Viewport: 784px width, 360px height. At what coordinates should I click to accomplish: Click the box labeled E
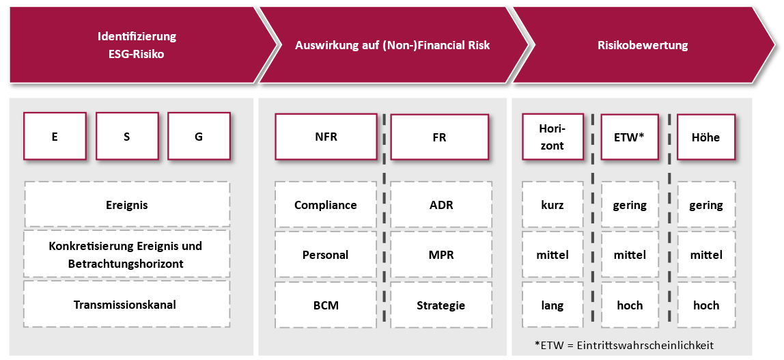(x=55, y=136)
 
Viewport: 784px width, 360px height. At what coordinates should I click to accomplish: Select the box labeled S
(x=127, y=136)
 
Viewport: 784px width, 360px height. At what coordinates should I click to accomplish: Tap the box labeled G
(x=199, y=136)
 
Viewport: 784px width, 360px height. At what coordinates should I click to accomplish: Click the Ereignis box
(x=127, y=205)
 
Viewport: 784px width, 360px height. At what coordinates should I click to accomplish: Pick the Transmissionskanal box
(x=127, y=305)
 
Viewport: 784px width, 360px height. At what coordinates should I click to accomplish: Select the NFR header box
(x=326, y=137)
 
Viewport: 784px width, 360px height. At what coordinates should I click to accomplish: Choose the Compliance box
(x=326, y=205)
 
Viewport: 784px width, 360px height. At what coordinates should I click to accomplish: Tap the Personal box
(x=326, y=255)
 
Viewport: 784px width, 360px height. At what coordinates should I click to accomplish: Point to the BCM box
(x=326, y=305)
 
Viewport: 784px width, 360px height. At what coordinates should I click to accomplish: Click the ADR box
(x=441, y=205)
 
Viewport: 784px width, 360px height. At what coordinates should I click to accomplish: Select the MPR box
(x=441, y=255)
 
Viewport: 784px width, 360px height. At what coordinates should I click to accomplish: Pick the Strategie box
(x=441, y=305)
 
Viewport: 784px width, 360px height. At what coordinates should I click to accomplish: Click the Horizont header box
(x=552, y=137)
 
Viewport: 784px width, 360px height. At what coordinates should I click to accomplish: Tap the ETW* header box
(x=630, y=137)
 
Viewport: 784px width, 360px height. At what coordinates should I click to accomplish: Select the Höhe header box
(x=706, y=137)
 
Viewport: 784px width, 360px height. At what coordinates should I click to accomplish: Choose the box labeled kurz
(x=552, y=205)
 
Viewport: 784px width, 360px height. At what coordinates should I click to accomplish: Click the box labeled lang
(x=552, y=305)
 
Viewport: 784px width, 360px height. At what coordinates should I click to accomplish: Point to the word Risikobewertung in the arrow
(x=643, y=46)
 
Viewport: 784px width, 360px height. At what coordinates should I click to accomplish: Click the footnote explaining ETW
(x=624, y=345)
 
